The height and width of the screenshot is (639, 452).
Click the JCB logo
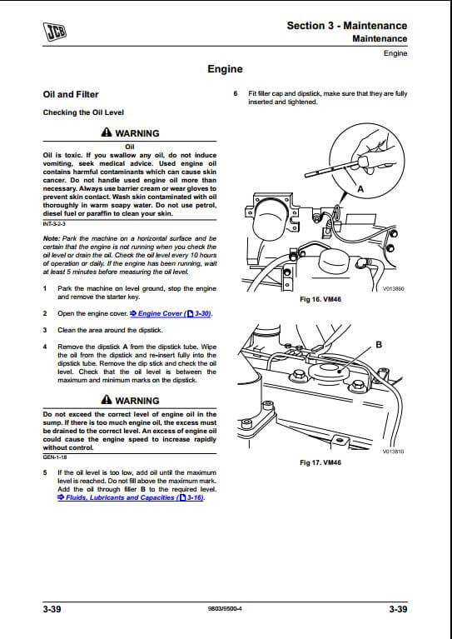[55, 32]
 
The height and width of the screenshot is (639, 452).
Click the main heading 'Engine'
[225, 69]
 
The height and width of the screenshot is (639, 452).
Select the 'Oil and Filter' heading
[71, 94]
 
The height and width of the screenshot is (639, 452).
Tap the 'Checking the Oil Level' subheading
[83, 112]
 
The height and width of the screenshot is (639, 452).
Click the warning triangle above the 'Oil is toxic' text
[107, 132]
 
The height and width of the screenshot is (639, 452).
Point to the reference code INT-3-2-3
[54, 224]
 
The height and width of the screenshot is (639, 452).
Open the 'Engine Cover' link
[171, 314]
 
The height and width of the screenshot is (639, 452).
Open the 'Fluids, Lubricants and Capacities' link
[132, 497]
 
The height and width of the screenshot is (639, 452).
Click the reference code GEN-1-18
[55, 457]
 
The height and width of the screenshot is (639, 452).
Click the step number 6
[236, 93]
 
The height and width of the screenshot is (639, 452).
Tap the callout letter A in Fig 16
[360, 189]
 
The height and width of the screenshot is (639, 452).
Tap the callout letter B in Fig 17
[379, 345]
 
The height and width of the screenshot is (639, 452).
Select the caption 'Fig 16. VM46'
[320, 300]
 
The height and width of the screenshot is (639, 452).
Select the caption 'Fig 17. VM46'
[320, 462]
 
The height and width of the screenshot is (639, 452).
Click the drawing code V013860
[394, 289]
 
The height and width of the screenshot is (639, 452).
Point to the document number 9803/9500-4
[225, 609]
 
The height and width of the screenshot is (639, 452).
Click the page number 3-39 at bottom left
[52, 609]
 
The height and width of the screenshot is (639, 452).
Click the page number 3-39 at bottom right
[398, 609]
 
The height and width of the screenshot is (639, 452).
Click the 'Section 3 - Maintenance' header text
[347, 26]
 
